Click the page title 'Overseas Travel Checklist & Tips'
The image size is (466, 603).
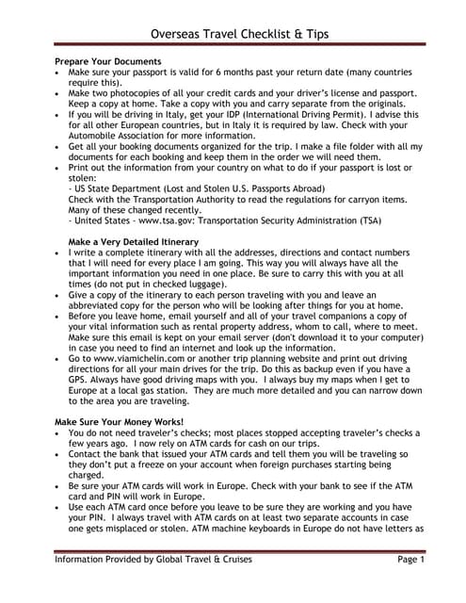[233, 36]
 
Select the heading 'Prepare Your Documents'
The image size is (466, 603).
[108, 62]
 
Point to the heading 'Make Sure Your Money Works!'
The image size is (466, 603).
[119, 420]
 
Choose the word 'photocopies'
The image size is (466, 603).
[139, 93]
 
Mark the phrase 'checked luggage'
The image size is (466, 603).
[180, 295]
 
